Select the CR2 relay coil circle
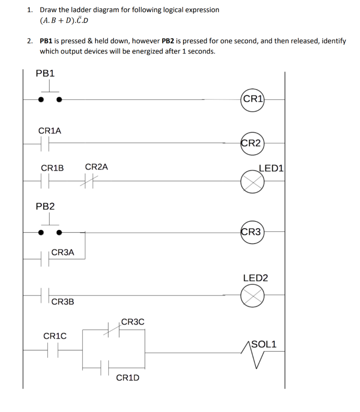[x=252, y=142]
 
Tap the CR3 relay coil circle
[x=252, y=232]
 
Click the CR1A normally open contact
[x=45, y=142]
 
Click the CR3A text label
[x=63, y=252]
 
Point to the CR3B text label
[x=63, y=301]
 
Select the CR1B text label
[x=52, y=168]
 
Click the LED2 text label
[x=255, y=278]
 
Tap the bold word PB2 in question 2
[x=168, y=41]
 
